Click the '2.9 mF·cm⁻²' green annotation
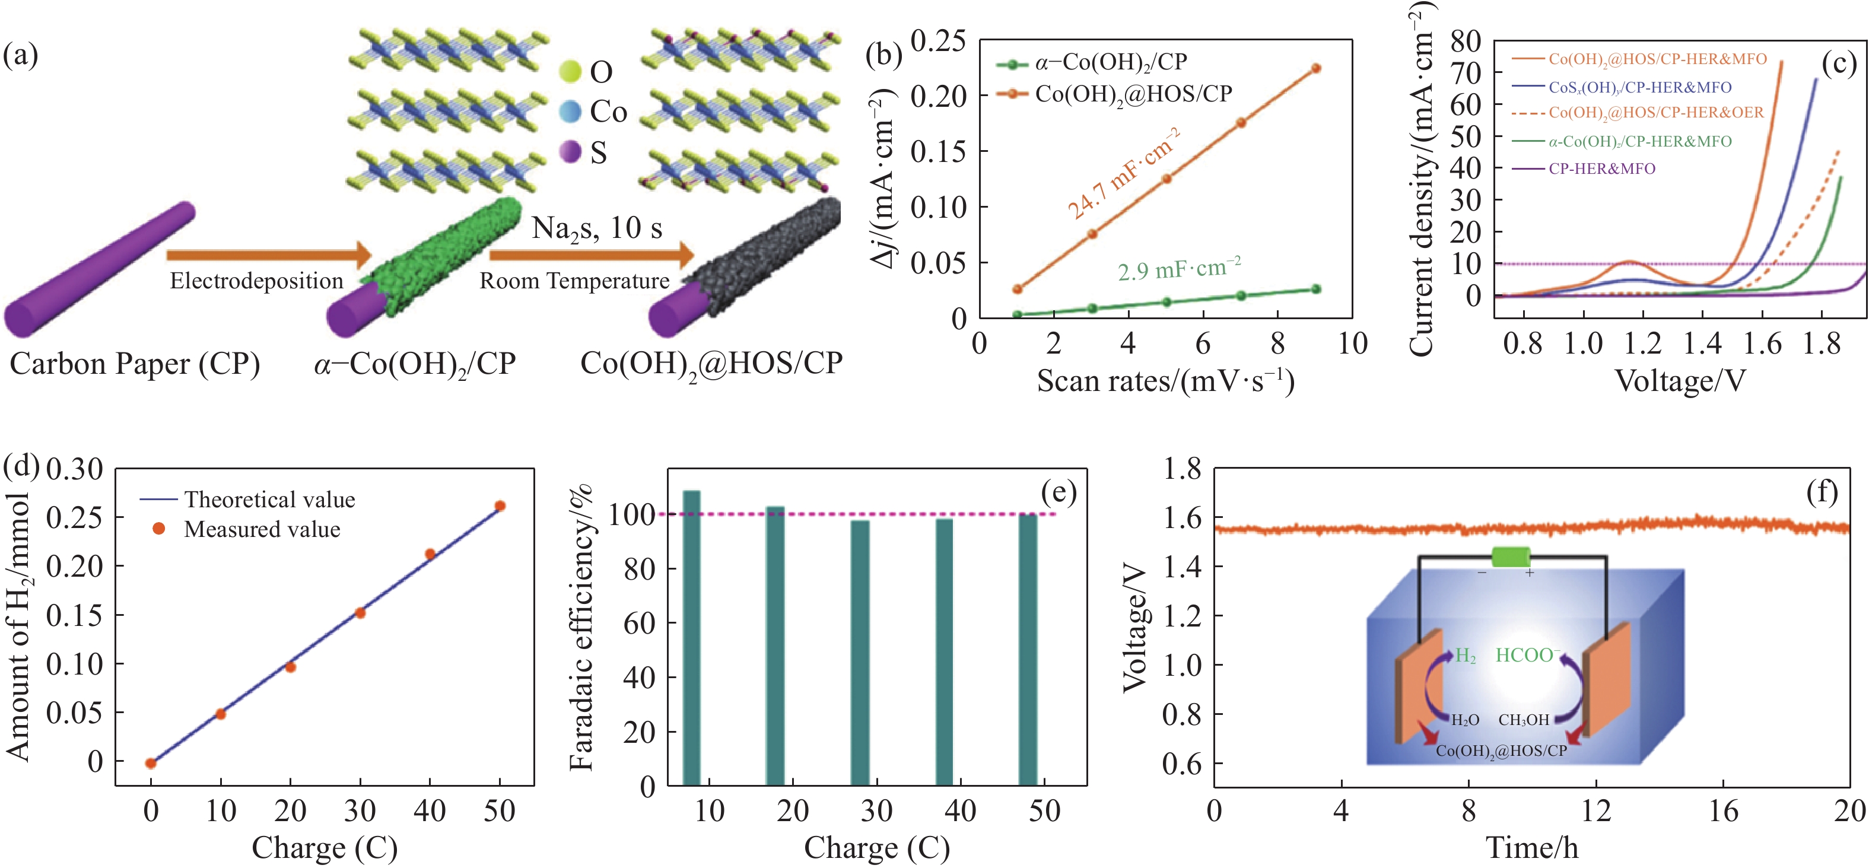coord(1179,269)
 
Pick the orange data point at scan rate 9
coord(1315,69)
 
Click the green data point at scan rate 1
coord(1017,314)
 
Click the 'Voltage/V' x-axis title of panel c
coord(1680,380)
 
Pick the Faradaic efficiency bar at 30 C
coord(860,653)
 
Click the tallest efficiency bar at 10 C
coord(691,638)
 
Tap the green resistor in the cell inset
coord(1511,557)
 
